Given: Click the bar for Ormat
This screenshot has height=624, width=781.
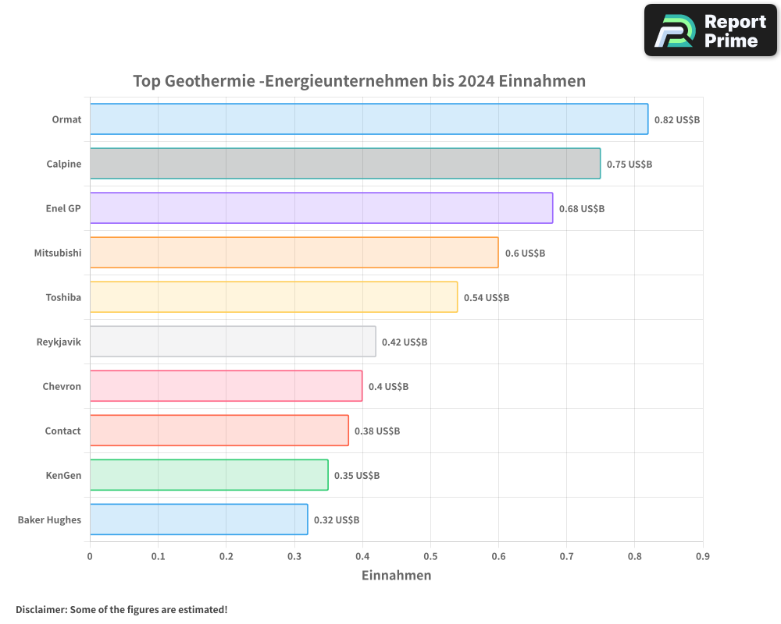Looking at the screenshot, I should pyautogui.click(x=369, y=119).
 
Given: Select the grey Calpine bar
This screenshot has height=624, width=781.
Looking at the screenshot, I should pyautogui.click(x=345, y=164).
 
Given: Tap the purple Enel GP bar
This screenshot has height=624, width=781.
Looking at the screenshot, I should pyautogui.click(x=321, y=208).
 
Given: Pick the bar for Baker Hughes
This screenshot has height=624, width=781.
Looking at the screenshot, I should pyautogui.click(x=198, y=519).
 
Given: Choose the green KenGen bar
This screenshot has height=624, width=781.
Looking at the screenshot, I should pyautogui.click(x=209, y=475).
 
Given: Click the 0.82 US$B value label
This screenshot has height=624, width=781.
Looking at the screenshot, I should pyautogui.click(x=676, y=120).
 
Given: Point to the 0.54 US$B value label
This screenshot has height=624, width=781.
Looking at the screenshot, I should pyautogui.click(x=486, y=298).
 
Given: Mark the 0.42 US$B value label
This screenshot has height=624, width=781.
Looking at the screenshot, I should pyautogui.click(x=404, y=342).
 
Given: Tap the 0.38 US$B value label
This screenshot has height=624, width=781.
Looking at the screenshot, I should pyautogui.click(x=376, y=431).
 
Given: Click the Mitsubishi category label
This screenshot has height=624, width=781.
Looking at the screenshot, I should pyautogui.click(x=57, y=253).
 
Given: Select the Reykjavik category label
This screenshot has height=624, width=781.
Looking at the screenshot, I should pyautogui.click(x=59, y=342).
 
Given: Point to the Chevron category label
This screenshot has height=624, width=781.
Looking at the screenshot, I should pyautogui.click(x=62, y=386).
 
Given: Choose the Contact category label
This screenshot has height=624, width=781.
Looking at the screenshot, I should pyautogui.click(x=62, y=431).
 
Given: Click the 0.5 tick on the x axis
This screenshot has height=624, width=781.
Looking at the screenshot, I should pyautogui.click(x=430, y=556).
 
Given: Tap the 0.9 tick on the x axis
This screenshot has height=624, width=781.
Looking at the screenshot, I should pyautogui.click(x=702, y=556).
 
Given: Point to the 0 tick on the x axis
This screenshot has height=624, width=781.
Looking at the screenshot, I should pyautogui.click(x=90, y=556).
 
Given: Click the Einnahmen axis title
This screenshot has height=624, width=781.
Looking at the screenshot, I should pyautogui.click(x=396, y=576).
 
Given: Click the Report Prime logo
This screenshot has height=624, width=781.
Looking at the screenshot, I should pyautogui.click(x=711, y=30).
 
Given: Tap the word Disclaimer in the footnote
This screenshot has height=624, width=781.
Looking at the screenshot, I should pyautogui.click(x=41, y=609).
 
